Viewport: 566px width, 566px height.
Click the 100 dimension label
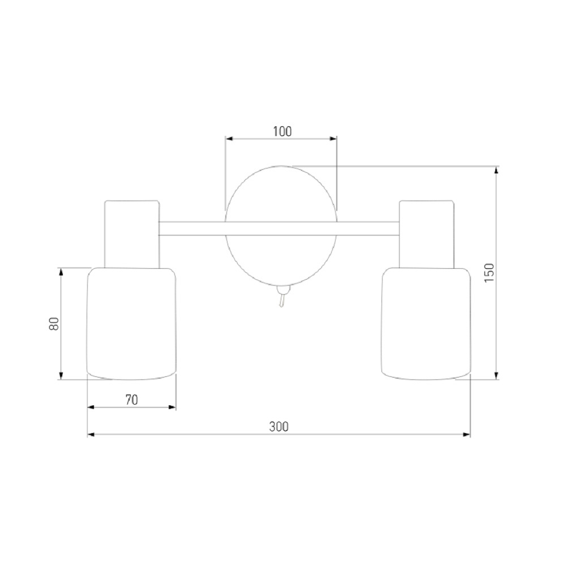[x=282, y=131]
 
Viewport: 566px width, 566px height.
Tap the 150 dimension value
[x=489, y=273]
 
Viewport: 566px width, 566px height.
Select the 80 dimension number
[x=54, y=324]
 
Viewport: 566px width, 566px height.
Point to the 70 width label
[x=132, y=400]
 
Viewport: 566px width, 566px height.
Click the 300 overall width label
[x=278, y=427]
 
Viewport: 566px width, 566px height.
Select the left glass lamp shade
[x=132, y=323]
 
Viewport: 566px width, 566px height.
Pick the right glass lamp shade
[x=426, y=323]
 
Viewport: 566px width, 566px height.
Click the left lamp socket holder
[x=132, y=234]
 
